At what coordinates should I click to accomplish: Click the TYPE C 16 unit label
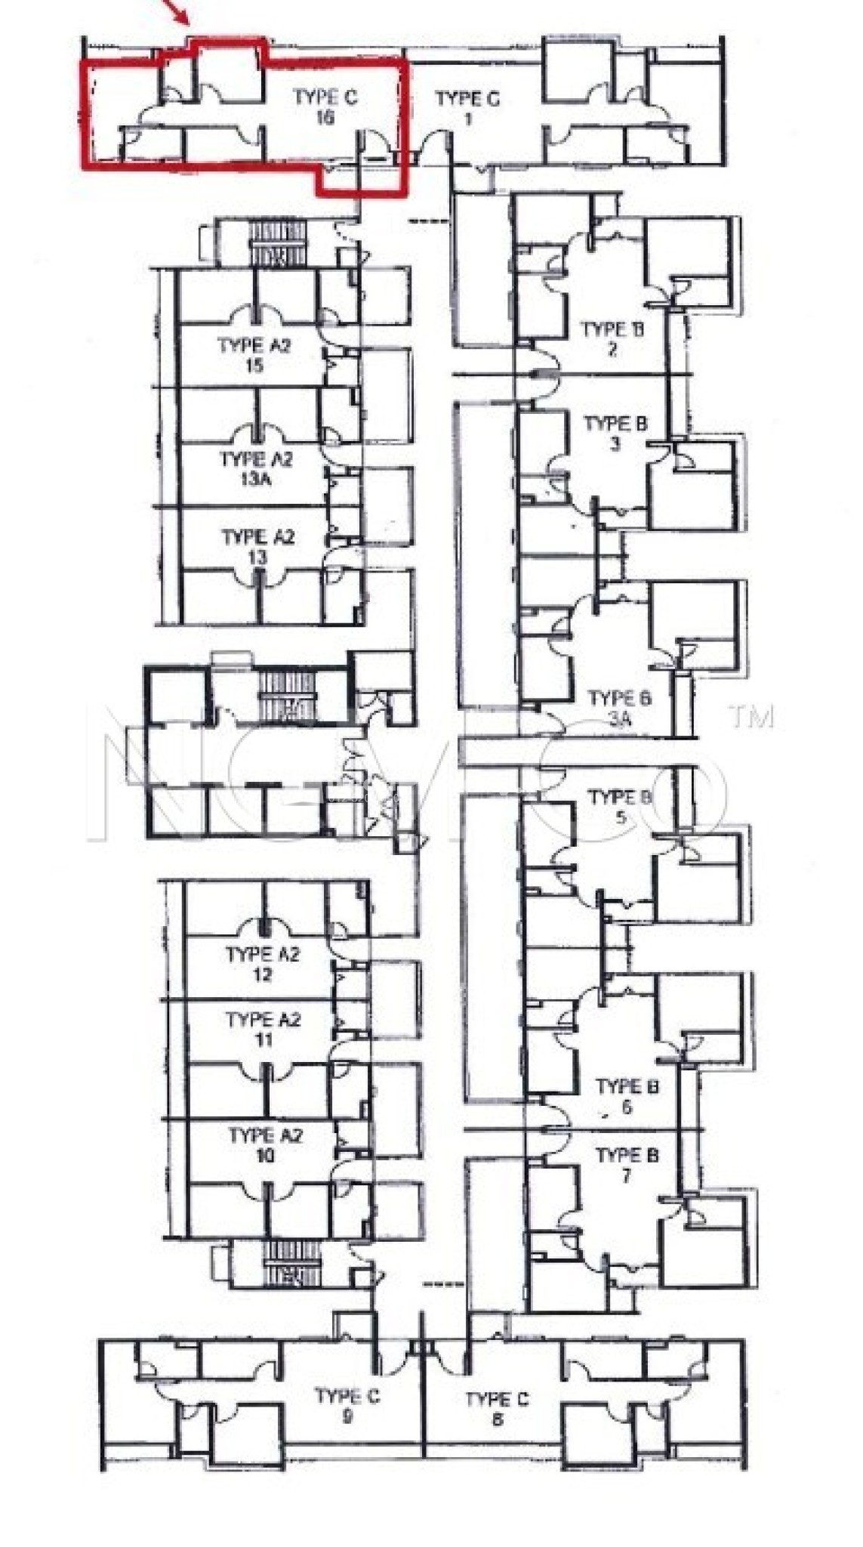(325, 107)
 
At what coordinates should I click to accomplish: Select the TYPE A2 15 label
(254, 355)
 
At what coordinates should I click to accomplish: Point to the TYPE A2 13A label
(256, 469)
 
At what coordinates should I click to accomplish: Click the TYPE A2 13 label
(257, 547)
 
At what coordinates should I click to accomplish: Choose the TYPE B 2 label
(612, 339)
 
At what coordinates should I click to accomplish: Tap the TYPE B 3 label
(615, 434)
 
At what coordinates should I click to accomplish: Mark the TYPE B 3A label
(619, 708)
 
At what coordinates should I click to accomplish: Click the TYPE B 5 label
(620, 807)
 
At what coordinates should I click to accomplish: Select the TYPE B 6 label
(627, 1097)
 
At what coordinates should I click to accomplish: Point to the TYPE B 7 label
(626, 1166)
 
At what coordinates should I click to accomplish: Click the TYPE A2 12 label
(263, 964)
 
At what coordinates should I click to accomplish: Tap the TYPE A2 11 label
(263, 1030)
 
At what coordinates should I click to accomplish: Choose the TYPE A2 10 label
(265, 1145)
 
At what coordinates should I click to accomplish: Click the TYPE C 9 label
(347, 1406)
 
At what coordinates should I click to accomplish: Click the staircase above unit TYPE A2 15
(278, 243)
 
